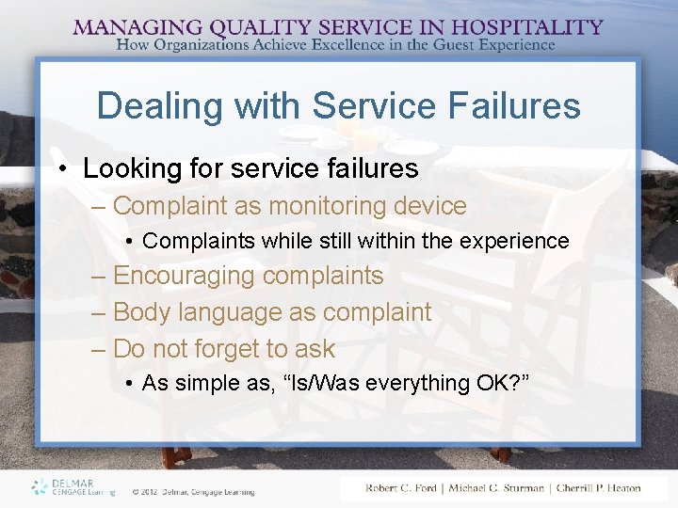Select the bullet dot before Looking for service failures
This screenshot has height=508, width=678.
click(x=62, y=169)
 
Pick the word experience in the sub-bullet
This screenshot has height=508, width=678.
click(x=514, y=242)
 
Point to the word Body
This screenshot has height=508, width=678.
click(x=138, y=312)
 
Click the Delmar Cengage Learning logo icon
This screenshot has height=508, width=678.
click(x=39, y=486)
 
